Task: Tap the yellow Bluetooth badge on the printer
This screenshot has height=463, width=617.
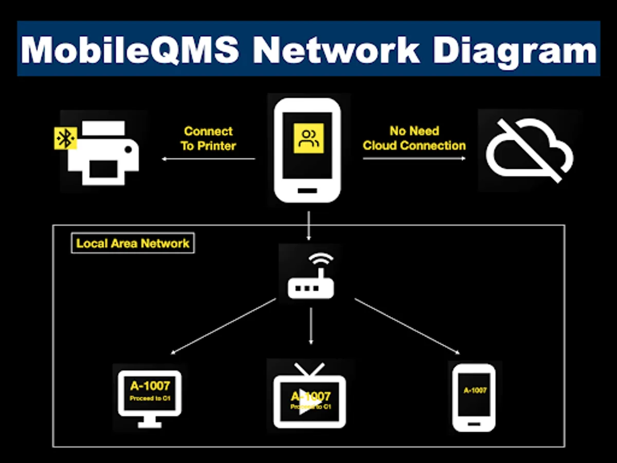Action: coord(65,137)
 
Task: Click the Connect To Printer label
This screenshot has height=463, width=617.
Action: coord(208,138)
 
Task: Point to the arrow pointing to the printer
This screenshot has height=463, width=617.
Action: coord(208,159)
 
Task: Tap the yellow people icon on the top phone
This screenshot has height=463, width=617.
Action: coord(308,138)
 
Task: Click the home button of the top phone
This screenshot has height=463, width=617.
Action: coord(307,190)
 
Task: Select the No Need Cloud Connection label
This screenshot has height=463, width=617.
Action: coord(414,138)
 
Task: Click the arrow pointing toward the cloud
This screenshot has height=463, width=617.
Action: coord(414,158)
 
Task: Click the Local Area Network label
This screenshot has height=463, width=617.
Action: coord(133,243)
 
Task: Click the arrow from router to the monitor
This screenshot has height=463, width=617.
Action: coord(224,326)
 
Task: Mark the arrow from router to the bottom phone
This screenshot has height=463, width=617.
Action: coord(407,326)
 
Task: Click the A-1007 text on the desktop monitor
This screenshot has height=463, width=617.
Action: coord(150,385)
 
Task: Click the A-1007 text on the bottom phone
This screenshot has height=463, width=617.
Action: coord(475,390)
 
